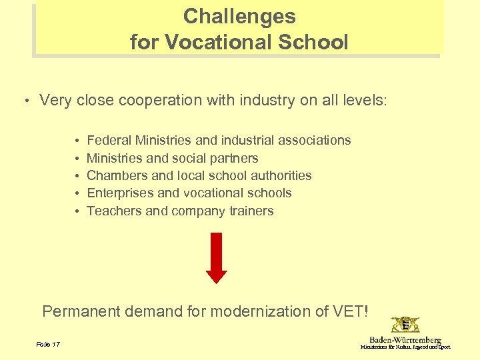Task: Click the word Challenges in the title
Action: click(x=239, y=16)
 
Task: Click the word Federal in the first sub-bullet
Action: click(x=109, y=140)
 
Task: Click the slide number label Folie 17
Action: click(x=48, y=344)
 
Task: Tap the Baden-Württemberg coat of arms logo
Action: click(x=405, y=325)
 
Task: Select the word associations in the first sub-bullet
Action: click(x=313, y=140)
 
